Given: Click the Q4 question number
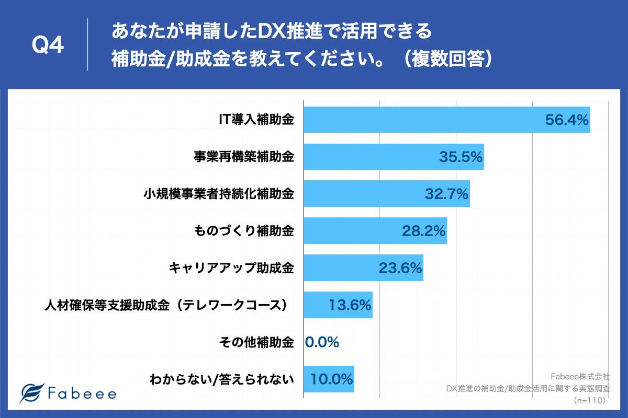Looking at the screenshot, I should click(48, 46).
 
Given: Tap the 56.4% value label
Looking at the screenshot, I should click(567, 120).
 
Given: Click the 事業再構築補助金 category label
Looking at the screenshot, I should click(243, 157).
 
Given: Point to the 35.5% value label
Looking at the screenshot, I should click(461, 157).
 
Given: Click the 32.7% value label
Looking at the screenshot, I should click(446, 194).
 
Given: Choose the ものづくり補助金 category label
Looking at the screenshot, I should click(243, 231).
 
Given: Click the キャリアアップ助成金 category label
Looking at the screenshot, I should click(231, 268).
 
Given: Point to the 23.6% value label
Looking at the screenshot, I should click(400, 268).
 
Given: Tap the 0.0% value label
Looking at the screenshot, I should click(322, 342).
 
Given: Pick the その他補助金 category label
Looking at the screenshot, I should click(256, 342).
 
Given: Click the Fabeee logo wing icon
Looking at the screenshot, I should click(31, 393).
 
